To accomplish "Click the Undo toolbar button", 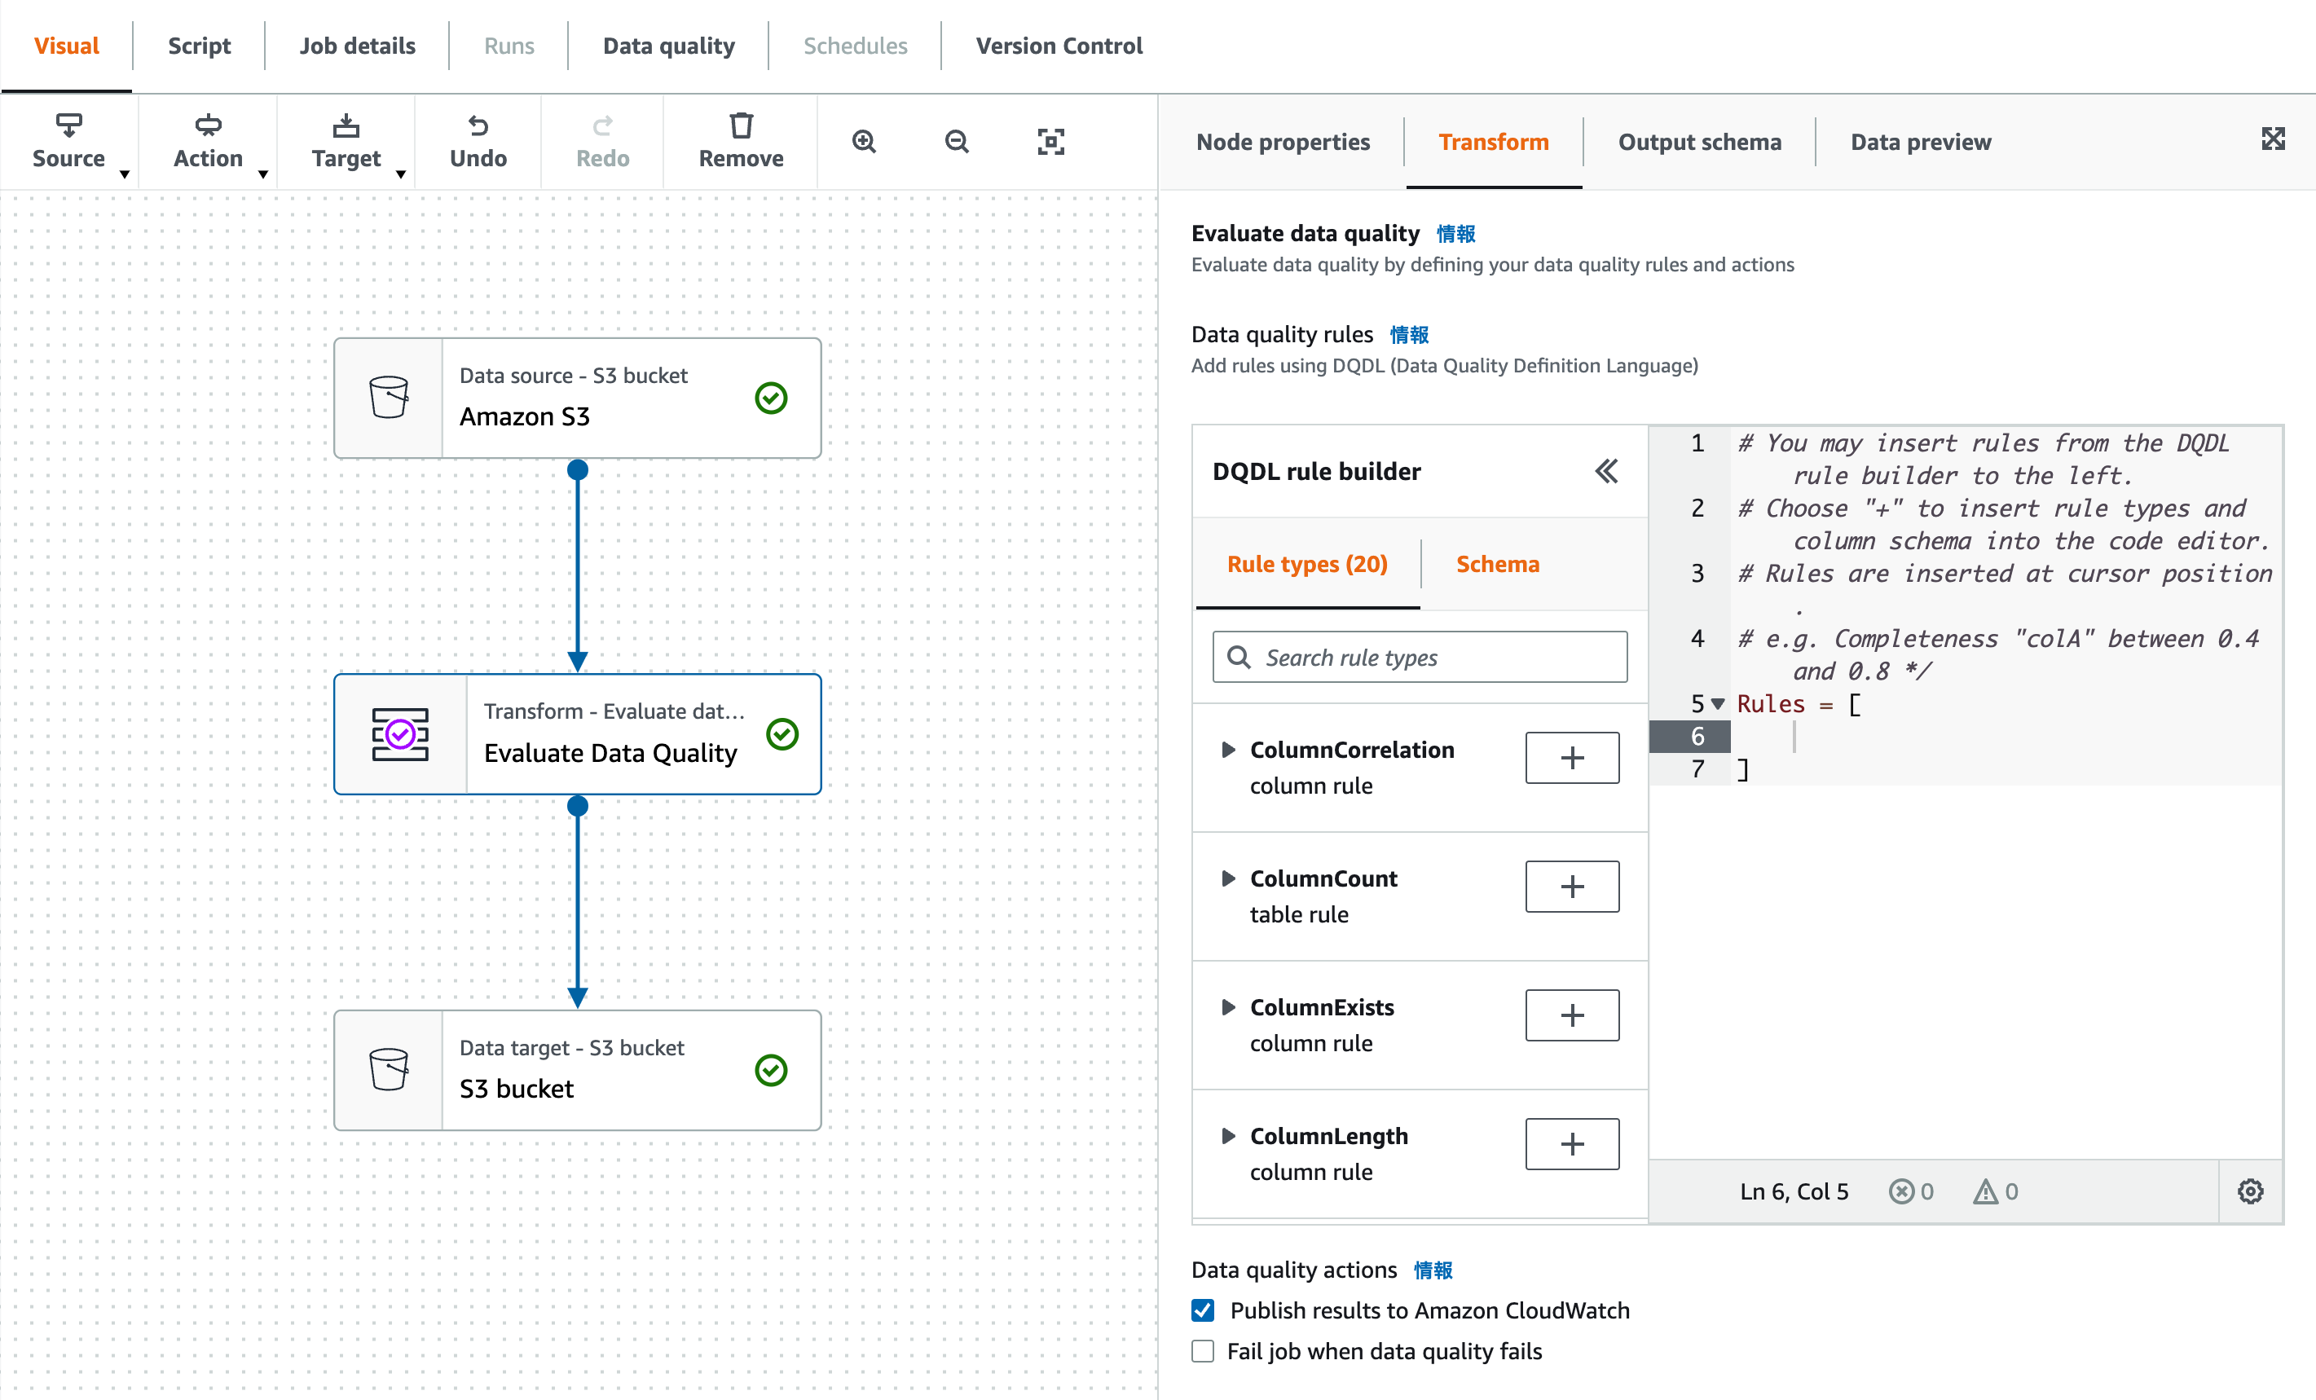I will click(x=478, y=141).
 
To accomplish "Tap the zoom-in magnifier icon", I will click(x=864, y=141).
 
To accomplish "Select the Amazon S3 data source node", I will click(x=577, y=398).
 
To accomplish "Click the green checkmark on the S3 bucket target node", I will click(x=771, y=1070).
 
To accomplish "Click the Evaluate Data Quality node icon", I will click(x=400, y=733).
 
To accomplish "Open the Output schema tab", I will click(x=1698, y=142).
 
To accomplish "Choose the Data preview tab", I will click(x=1920, y=142).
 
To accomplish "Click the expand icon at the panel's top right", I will click(x=2272, y=139).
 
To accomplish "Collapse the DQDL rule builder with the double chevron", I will click(x=1605, y=471).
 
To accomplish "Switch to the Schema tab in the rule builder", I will click(x=1497, y=564).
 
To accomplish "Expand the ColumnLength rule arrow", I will click(x=1227, y=1136).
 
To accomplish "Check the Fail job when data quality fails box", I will click(x=1203, y=1351).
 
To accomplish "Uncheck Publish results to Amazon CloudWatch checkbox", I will click(x=1203, y=1310).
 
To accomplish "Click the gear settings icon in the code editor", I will click(x=2250, y=1191).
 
